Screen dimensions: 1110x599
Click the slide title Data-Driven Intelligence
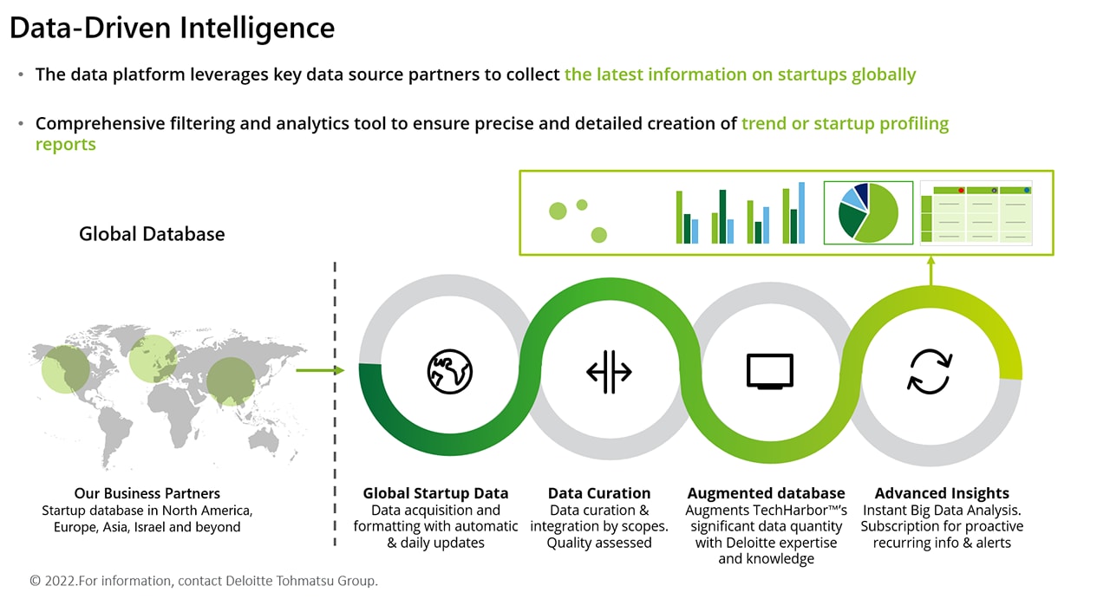pos(172,28)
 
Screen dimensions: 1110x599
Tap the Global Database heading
pos(152,234)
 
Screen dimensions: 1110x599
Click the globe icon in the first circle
pos(449,372)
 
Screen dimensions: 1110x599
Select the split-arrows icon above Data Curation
pos(609,372)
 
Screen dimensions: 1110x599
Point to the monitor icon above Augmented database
pos(769,371)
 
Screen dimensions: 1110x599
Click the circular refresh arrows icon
pos(930,372)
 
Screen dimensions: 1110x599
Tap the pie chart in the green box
pos(868,213)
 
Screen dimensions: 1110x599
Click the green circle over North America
pos(65,369)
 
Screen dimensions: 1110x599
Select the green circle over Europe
pos(153,359)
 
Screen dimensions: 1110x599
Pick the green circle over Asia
pos(231,381)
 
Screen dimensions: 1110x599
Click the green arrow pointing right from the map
pos(320,370)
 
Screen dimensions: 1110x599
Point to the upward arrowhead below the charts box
pos(930,261)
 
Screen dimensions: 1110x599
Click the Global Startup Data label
pos(435,493)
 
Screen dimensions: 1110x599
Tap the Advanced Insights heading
pos(942,493)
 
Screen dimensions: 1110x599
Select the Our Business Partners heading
pos(147,493)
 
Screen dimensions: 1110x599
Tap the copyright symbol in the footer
pos(36,581)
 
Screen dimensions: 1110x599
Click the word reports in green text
pos(65,145)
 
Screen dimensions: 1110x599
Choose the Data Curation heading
pos(599,493)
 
